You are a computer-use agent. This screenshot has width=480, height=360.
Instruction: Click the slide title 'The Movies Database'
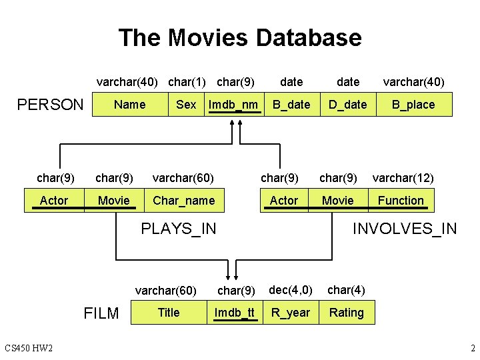coord(240,37)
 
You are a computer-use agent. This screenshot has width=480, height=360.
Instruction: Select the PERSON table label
coord(50,105)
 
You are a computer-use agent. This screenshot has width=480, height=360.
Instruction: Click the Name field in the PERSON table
coord(129,105)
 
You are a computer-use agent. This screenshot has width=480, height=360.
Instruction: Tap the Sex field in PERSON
coord(186,105)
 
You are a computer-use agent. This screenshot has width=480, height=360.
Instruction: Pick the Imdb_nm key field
coord(233,105)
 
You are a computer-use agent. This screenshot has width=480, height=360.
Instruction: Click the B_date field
coord(291,105)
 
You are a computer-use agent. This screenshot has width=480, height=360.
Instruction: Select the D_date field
coord(348,105)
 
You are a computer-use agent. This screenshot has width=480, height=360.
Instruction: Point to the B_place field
coord(413,105)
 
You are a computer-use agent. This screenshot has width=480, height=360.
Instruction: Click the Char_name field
coord(183,200)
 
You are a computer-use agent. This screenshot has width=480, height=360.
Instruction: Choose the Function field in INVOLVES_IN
coord(401,200)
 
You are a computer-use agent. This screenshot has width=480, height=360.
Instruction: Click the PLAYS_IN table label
coord(179,229)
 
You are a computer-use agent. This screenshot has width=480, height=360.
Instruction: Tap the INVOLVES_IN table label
coord(405,229)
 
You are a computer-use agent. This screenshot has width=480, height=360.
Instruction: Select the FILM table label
coord(101,313)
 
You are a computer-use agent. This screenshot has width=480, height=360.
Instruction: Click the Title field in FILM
coord(169,313)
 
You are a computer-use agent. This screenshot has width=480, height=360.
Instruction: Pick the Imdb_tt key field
coord(235,313)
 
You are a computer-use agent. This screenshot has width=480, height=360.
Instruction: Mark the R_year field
coord(290,313)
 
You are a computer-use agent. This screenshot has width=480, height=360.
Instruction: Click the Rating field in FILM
coord(347,313)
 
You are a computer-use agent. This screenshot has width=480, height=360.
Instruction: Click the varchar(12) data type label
coord(403,178)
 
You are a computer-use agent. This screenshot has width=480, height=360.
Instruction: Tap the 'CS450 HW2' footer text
coord(29,348)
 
